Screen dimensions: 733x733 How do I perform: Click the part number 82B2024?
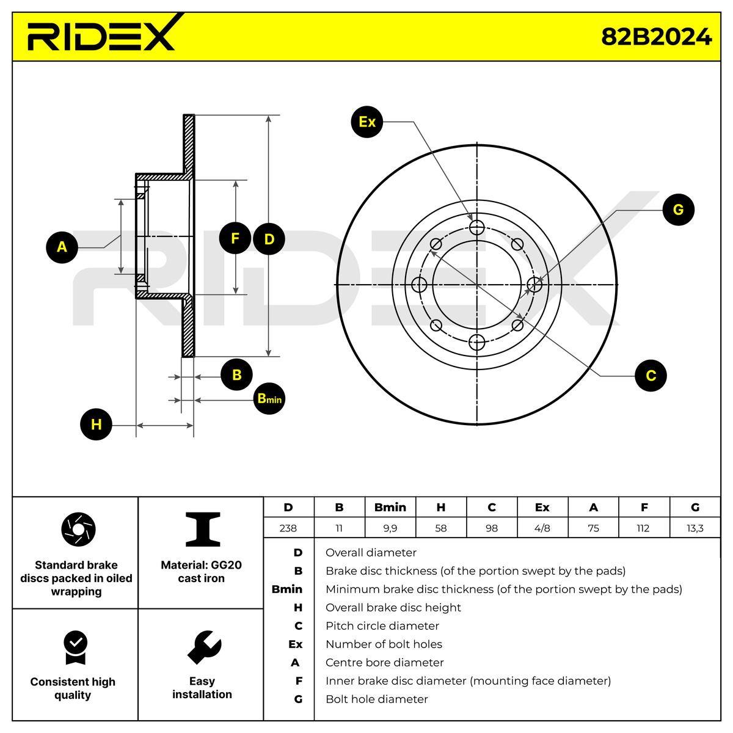(x=656, y=37)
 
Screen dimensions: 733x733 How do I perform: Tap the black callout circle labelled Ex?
(x=367, y=122)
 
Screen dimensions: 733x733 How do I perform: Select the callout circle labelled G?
(x=678, y=210)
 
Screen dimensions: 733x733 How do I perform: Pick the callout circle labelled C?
(x=651, y=375)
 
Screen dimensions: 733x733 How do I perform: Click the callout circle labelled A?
(x=62, y=247)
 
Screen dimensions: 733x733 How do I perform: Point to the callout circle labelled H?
(x=96, y=425)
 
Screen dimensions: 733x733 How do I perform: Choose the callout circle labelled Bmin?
(x=269, y=398)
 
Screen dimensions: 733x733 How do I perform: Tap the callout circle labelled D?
(x=269, y=239)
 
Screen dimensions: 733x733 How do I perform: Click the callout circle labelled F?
(x=235, y=239)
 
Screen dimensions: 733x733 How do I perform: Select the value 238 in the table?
(x=288, y=528)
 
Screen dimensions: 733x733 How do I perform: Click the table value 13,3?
(x=695, y=528)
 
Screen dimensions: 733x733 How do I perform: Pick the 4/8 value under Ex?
(x=542, y=528)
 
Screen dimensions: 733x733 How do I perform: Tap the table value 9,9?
(x=390, y=528)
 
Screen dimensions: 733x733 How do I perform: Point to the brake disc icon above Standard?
(x=79, y=530)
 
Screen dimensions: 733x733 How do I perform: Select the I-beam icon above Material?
(x=202, y=530)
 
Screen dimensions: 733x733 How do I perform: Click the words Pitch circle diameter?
(x=382, y=625)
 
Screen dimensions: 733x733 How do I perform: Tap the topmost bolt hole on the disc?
(x=477, y=228)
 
